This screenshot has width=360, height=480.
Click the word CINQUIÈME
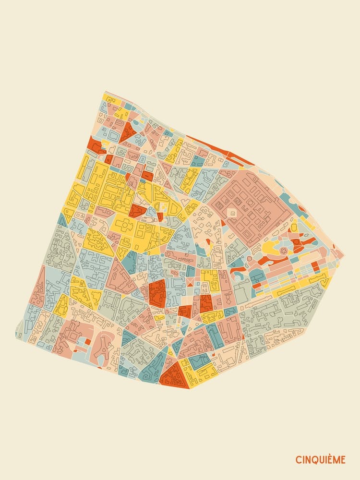click(x=320, y=460)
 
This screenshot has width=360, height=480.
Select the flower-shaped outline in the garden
click(x=283, y=250)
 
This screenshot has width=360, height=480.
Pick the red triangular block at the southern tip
click(x=174, y=375)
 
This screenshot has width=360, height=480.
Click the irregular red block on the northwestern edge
click(x=95, y=145)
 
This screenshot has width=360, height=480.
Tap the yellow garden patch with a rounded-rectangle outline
click(x=272, y=247)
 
